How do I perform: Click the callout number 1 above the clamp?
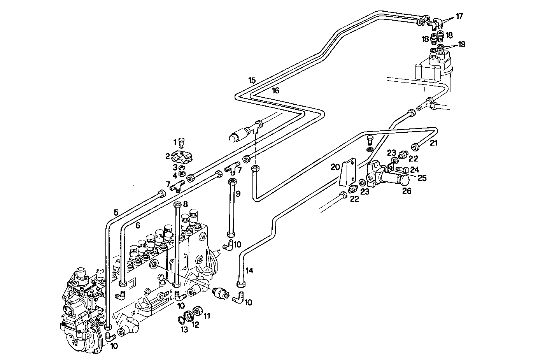coord(175,141)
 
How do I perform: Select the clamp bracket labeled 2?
coord(182,156)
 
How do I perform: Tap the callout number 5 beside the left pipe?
coord(116,212)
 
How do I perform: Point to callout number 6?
coord(138,225)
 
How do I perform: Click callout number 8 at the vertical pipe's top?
coord(185,204)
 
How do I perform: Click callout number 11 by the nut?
coord(207,316)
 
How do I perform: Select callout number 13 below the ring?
coord(184,329)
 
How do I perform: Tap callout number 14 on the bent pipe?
coord(249,270)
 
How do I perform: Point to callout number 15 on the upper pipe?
coord(252,81)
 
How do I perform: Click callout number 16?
coord(275,90)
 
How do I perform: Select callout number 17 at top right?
coord(459,16)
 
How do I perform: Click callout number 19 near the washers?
coord(461,44)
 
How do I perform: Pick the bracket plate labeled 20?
coord(348,172)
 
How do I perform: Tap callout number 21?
coord(434,143)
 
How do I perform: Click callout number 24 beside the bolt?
coord(415,169)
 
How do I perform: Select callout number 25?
coord(422,178)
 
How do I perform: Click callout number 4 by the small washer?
coord(175,175)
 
